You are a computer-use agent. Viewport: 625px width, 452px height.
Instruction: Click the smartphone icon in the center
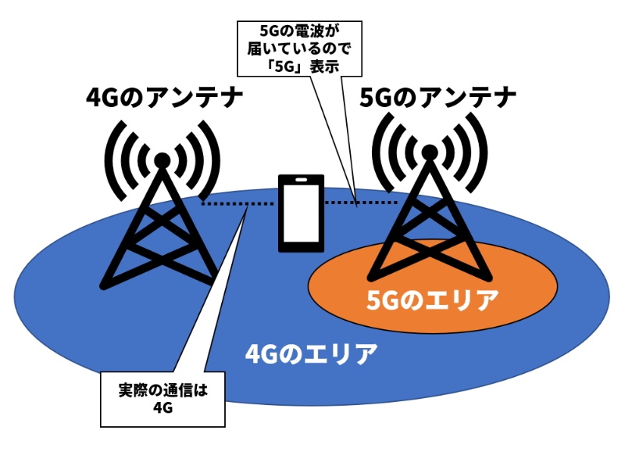(301, 213)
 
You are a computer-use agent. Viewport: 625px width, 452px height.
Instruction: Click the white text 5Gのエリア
(432, 300)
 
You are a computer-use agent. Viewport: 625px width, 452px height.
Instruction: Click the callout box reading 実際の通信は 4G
(162, 399)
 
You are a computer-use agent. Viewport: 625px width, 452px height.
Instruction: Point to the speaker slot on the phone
(301, 181)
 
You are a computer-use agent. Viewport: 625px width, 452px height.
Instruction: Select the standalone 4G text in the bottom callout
(162, 408)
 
